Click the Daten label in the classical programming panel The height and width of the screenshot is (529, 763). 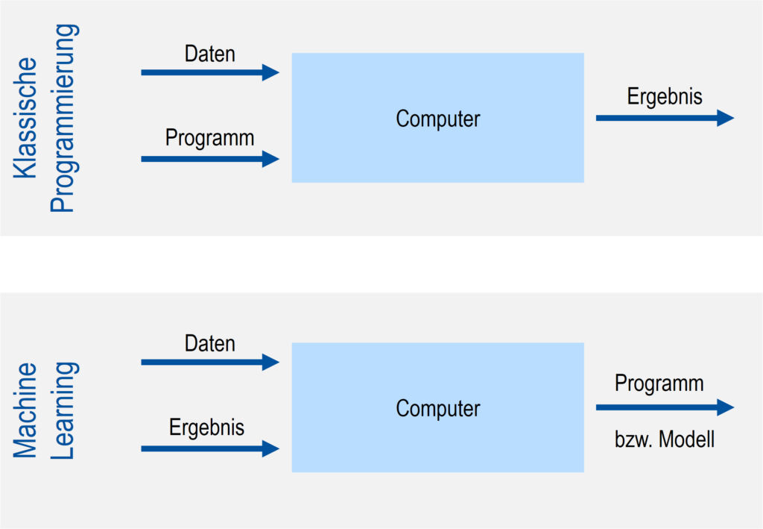[x=209, y=54]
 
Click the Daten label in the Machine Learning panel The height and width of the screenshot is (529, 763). [x=209, y=343]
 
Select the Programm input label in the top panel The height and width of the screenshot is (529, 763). [x=209, y=138]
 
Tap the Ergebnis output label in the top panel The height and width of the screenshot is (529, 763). [x=664, y=97]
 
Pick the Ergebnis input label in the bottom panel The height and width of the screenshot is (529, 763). [x=206, y=428]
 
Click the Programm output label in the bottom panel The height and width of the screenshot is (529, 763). [x=659, y=384]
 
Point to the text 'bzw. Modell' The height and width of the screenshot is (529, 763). [x=664, y=439]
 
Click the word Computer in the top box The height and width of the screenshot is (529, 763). [x=437, y=119]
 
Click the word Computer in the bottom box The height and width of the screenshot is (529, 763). [x=437, y=408]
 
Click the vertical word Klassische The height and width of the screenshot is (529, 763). [x=26, y=117]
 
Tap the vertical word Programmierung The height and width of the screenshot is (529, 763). [x=63, y=118]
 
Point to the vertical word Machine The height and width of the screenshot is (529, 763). [x=26, y=410]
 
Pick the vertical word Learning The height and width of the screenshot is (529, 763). [x=63, y=410]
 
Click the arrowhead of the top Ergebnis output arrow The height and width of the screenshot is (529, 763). [x=726, y=118]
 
